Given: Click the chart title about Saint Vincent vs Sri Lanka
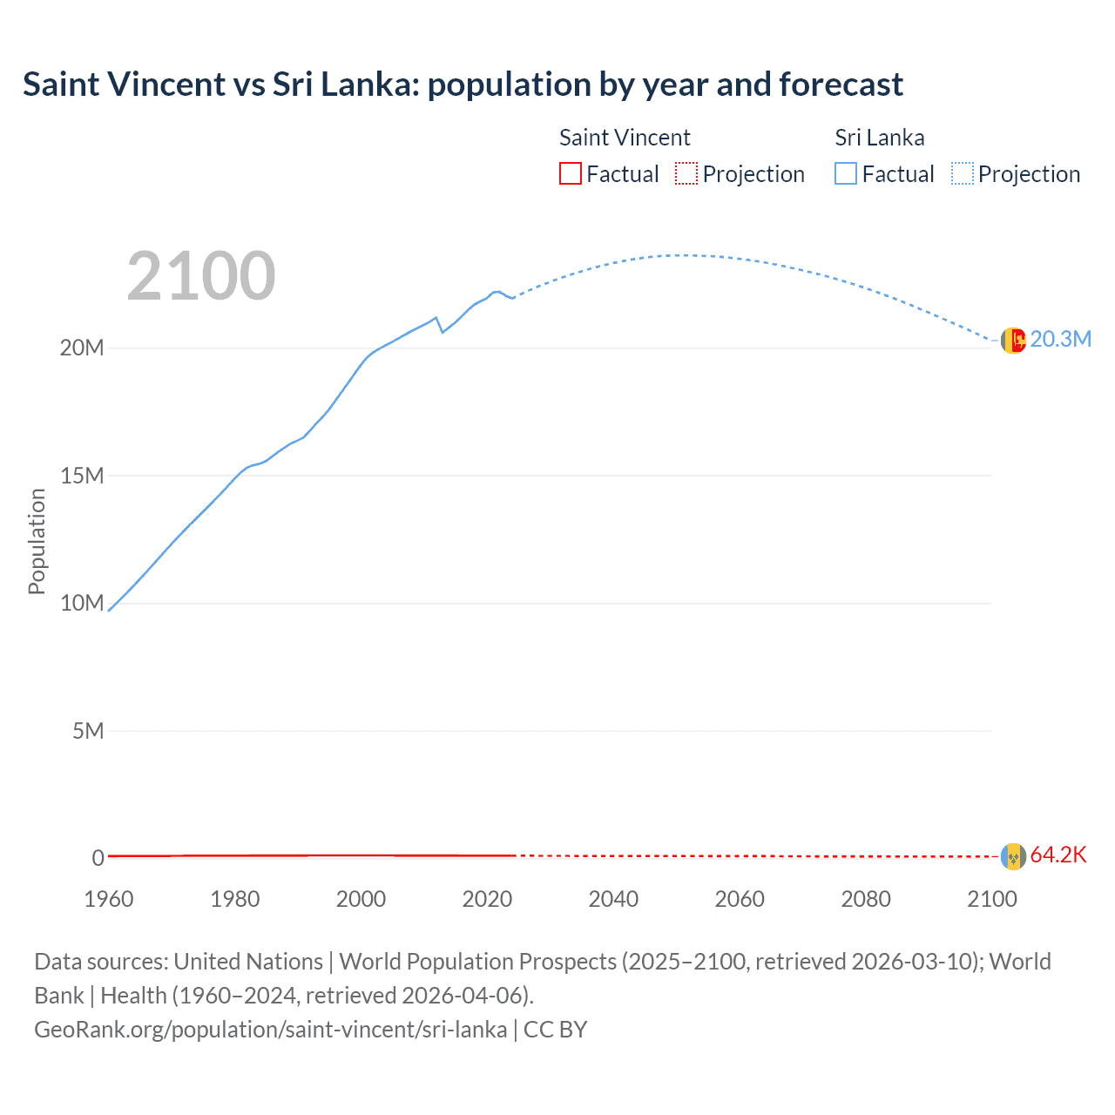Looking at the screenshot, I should tap(463, 84).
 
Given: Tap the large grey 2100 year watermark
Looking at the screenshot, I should tap(201, 276).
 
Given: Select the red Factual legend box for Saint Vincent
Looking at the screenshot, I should tap(570, 173).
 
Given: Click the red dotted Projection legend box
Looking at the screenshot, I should tap(686, 173).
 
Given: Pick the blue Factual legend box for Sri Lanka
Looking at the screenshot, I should tap(845, 173).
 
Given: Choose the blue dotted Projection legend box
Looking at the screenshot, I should tap(962, 173).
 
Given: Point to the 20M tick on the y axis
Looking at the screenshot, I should tap(82, 348).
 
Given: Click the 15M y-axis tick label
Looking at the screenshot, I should tap(82, 476).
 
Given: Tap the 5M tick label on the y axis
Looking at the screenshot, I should tap(88, 731).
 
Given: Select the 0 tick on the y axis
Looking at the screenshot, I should tap(98, 858).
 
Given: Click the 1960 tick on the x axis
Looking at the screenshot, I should tap(109, 899).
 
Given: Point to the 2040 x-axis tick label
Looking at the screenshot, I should tap(613, 899).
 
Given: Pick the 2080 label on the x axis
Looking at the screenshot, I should tap(866, 899).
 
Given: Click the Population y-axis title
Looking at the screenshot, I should tap(37, 541).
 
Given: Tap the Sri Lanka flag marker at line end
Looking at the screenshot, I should tap(1013, 341).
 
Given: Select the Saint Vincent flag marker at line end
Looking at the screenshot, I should tap(1013, 856).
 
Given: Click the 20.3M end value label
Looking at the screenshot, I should tap(1060, 340).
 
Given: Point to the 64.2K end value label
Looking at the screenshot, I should tap(1058, 855).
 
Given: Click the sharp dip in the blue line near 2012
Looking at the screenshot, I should tap(442, 332).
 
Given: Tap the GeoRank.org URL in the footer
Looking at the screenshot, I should tap(270, 1030).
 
